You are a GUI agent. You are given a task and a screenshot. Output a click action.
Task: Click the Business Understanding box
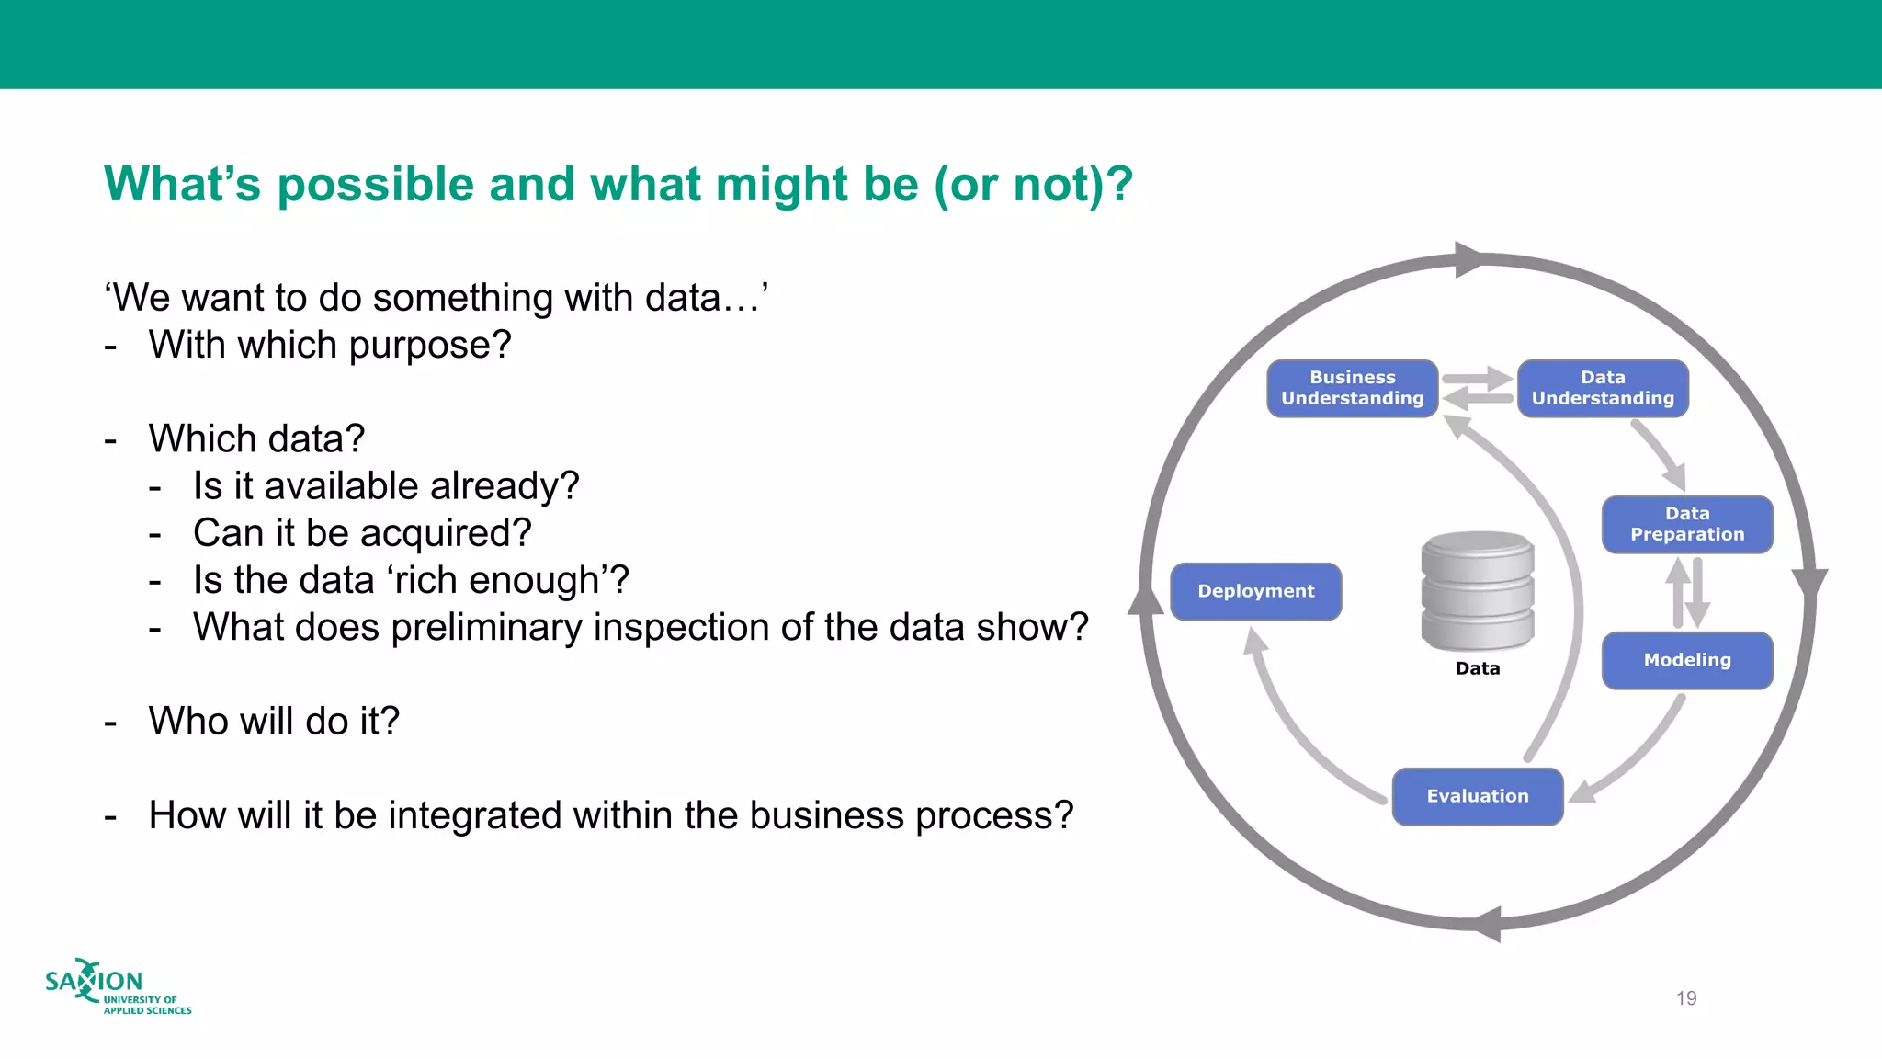pyautogui.click(x=1352, y=388)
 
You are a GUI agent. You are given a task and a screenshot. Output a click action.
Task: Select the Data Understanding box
pyautogui.click(x=1603, y=388)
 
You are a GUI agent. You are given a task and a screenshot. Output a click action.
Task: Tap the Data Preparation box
pyautogui.click(x=1687, y=524)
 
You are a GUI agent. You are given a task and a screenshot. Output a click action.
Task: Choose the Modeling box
pyautogui.click(x=1687, y=660)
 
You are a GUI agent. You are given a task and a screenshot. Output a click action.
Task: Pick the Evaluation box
pyautogui.click(x=1478, y=796)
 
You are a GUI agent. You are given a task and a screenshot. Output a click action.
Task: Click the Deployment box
pyautogui.click(x=1255, y=591)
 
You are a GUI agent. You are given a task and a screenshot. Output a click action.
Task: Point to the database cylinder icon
pyautogui.click(x=1478, y=590)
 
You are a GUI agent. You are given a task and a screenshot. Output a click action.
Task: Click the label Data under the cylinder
pyautogui.click(x=1478, y=668)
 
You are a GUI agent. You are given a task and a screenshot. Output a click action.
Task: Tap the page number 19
pyautogui.click(x=1686, y=998)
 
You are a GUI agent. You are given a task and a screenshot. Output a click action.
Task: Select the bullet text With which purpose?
pyautogui.click(x=329, y=345)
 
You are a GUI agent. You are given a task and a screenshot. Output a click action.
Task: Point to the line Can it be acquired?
pyautogui.click(x=362, y=533)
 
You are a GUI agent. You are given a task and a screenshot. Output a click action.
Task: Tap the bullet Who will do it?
pyautogui.click(x=274, y=721)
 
